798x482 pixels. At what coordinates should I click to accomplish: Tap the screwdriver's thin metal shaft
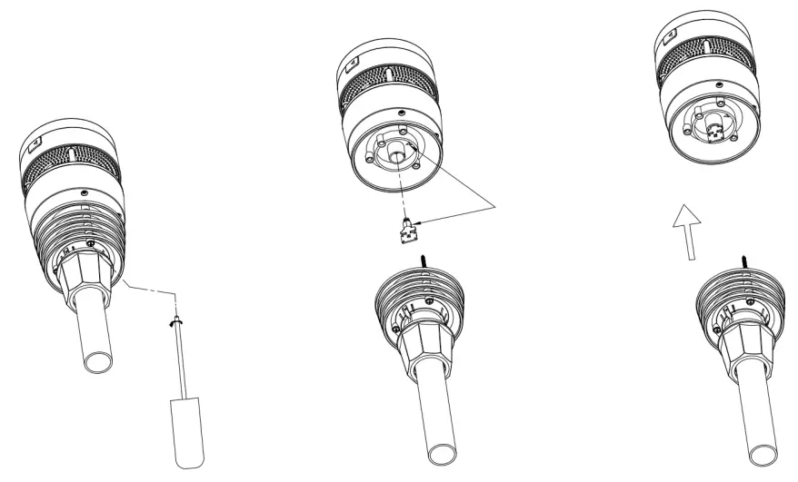click(182, 363)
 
